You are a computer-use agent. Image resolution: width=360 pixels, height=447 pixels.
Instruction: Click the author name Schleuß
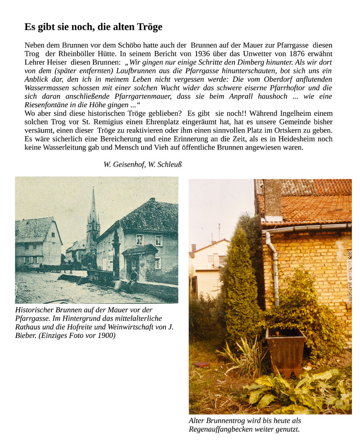168,165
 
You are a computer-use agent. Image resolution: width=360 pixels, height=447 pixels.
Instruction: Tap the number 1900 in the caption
103,336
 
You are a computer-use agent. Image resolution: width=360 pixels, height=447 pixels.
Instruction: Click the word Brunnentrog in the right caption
227,420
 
